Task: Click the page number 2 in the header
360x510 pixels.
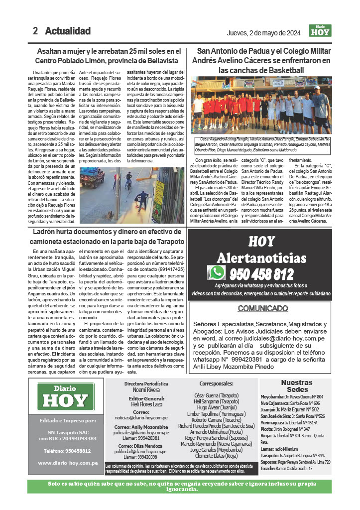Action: click(x=35, y=31)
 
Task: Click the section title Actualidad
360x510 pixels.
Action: click(x=68, y=31)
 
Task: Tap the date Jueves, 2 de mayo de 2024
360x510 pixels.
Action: click(x=263, y=33)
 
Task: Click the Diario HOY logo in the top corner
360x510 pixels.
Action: click(x=320, y=31)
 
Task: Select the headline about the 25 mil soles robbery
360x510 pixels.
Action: click(x=108, y=55)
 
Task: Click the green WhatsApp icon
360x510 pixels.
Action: click(x=217, y=272)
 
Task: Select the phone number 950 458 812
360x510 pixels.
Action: click(x=261, y=274)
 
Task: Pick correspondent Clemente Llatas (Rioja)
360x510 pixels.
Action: click(x=216, y=455)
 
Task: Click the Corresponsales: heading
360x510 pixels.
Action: click(x=216, y=384)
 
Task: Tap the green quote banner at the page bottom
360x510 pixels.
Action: click(x=180, y=486)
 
